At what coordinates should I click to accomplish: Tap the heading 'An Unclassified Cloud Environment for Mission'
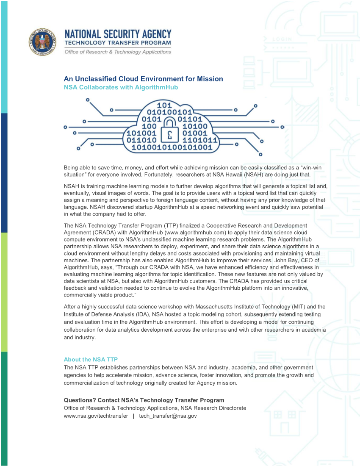point(143,79)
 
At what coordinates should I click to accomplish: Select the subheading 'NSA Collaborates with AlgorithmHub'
point(121,87)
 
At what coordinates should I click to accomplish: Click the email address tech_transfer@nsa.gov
point(168,416)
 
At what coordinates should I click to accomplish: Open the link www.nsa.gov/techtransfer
point(96,416)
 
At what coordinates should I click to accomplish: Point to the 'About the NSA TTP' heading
point(91,360)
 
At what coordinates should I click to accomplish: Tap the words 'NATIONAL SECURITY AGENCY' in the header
point(118,34)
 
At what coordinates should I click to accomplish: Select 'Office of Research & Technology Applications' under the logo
point(118,52)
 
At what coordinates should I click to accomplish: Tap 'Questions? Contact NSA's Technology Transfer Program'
point(144,400)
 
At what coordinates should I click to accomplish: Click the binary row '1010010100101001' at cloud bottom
point(172,147)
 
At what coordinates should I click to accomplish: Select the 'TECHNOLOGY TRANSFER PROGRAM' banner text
point(118,43)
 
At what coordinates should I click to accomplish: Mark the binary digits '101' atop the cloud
point(164,105)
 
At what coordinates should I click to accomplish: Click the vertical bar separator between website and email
point(133,416)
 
